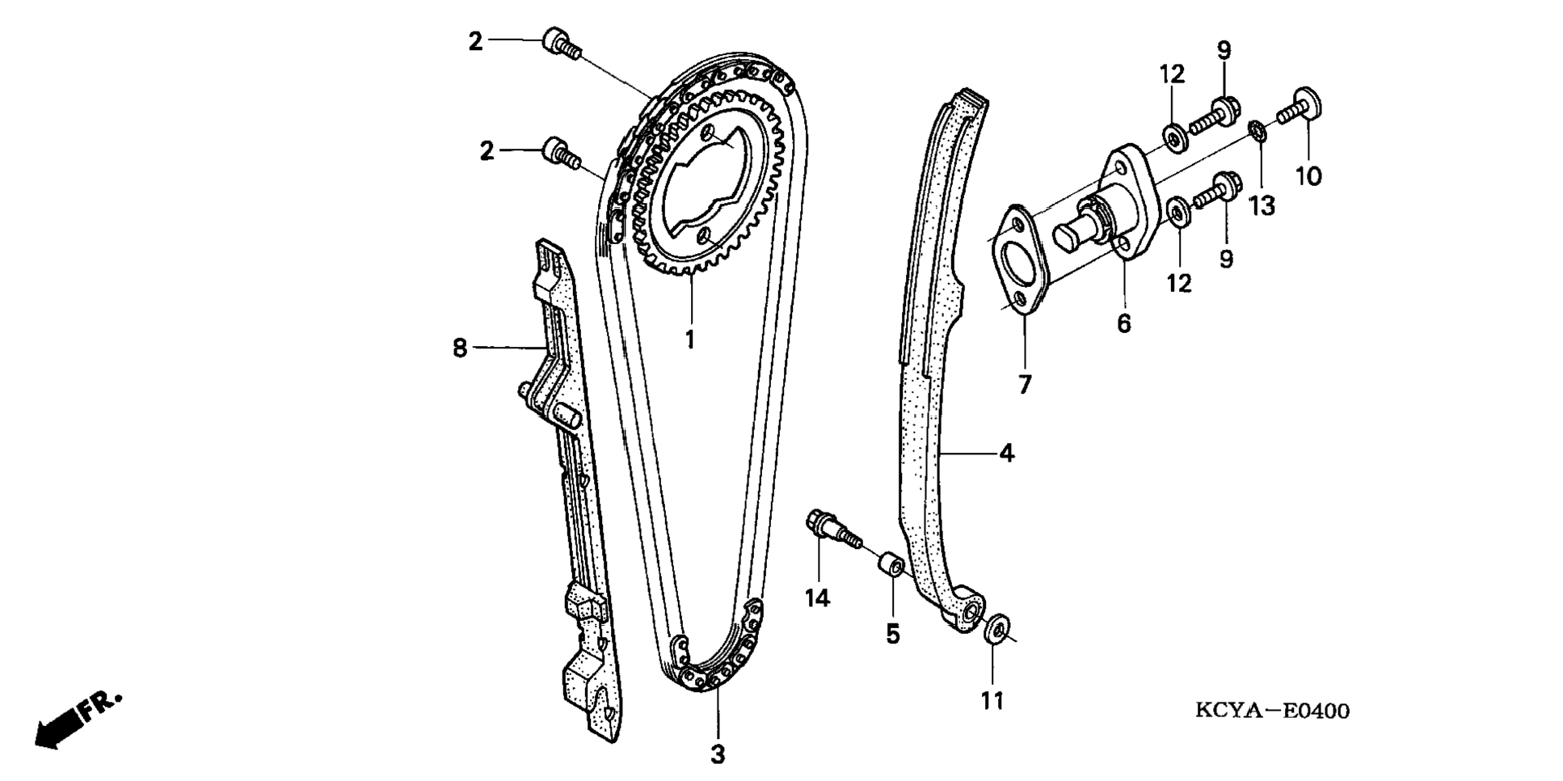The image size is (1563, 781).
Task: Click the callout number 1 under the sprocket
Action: pyautogui.click(x=690, y=340)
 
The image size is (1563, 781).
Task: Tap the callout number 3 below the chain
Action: pyautogui.click(x=718, y=755)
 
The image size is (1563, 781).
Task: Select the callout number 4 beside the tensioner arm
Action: pyautogui.click(x=1006, y=454)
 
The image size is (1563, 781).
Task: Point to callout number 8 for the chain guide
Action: pyautogui.click(x=460, y=348)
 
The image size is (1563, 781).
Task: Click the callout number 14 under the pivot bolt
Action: pyautogui.click(x=817, y=598)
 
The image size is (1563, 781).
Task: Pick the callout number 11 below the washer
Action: pyautogui.click(x=992, y=700)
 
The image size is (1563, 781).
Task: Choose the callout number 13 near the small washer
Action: pyautogui.click(x=1262, y=206)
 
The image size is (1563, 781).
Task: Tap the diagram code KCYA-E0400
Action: pyautogui.click(x=1272, y=711)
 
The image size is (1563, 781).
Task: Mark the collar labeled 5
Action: pyautogui.click(x=892, y=564)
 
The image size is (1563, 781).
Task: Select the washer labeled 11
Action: pyautogui.click(x=995, y=629)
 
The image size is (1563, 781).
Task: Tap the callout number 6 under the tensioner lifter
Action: pyautogui.click(x=1124, y=323)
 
